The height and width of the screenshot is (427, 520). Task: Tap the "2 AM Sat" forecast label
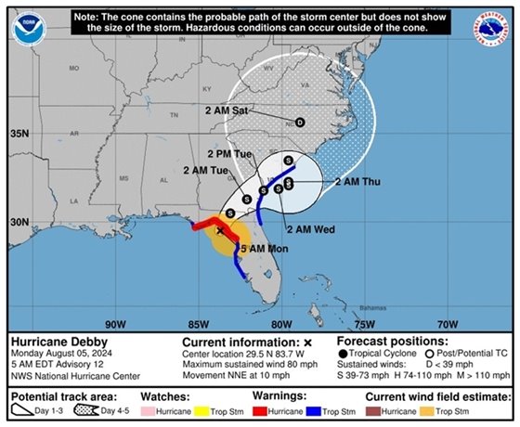(x=226, y=110)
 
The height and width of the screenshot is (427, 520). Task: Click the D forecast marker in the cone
(x=299, y=122)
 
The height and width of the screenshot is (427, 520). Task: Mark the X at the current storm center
(x=220, y=230)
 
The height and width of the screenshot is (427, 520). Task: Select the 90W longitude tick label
(x=115, y=324)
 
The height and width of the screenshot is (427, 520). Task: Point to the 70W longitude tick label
(x=448, y=324)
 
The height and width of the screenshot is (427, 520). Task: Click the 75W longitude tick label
(x=364, y=324)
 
